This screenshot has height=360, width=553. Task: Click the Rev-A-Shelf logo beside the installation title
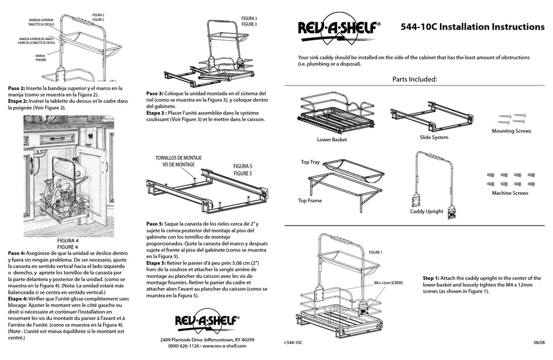[x=339, y=30]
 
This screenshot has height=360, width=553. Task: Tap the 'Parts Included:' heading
[x=414, y=79]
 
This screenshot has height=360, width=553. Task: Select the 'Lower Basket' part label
[x=332, y=140]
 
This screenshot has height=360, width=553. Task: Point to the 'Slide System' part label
[x=434, y=137]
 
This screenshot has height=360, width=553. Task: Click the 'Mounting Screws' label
[x=512, y=131]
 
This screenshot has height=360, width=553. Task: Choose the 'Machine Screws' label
[x=510, y=193]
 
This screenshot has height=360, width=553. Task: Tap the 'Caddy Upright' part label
[x=426, y=211]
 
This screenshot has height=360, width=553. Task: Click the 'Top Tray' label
[x=310, y=162]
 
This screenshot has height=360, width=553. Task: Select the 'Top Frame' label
[x=310, y=201]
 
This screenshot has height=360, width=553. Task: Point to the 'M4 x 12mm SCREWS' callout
[x=388, y=283]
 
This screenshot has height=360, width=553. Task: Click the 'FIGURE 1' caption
[x=375, y=252]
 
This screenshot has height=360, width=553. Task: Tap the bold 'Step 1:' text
[x=431, y=278]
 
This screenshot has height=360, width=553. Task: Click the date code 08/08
[x=539, y=343]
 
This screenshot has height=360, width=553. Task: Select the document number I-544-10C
[x=293, y=343]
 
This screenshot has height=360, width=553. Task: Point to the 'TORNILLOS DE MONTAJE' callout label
[x=179, y=158]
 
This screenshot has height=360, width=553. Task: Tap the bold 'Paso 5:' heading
[x=155, y=224]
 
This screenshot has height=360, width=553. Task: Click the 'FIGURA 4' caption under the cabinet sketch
[x=68, y=241]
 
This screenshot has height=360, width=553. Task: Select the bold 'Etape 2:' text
[x=16, y=101]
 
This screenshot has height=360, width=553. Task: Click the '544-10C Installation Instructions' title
[x=473, y=27]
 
